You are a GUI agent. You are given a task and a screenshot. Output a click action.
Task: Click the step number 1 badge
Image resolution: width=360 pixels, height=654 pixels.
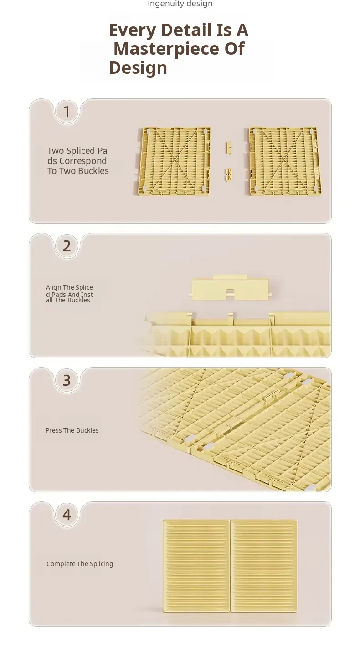(x=67, y=112)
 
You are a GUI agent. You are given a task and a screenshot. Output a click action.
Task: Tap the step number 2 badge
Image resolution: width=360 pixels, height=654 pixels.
(x=67, y=246)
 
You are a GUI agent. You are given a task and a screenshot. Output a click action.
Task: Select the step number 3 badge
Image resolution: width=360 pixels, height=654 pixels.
(x=67, y=380)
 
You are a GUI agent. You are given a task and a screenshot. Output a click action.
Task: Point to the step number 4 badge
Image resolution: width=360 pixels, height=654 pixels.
(x=67, y=515)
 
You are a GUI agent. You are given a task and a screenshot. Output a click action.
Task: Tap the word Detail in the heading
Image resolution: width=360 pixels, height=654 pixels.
(x=186, y=30)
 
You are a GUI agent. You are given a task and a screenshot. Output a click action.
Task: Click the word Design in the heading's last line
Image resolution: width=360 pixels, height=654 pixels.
(x=138, y=68)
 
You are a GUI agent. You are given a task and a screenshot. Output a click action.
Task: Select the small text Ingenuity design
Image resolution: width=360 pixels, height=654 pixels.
(x=180, y=4)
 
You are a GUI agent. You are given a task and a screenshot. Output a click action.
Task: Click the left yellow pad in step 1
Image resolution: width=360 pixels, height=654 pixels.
(x=174, y=161)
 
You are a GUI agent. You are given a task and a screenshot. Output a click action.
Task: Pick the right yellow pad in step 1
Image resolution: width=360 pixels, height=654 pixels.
(x=285, y=161)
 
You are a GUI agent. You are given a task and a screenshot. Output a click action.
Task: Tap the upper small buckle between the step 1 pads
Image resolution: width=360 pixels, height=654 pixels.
(x=229, y=147)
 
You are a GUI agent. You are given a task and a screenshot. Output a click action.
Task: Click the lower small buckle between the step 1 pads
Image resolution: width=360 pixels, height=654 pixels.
(x=229, y=174)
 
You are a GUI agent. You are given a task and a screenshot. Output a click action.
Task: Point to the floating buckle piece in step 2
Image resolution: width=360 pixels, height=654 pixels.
(x=230, y=287)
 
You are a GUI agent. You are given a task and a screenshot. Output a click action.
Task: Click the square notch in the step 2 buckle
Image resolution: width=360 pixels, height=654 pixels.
(x=230, y=292)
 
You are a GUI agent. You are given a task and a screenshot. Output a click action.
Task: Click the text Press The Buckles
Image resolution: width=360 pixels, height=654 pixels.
(x=72, y=430)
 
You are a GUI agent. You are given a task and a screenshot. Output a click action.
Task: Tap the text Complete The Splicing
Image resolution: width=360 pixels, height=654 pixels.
(x=80, y=564)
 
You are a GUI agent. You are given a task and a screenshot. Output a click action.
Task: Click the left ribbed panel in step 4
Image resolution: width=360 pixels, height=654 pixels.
(x=196, y=566)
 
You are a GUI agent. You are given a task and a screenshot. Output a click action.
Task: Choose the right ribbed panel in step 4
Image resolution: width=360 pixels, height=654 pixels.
(x=264, y=566)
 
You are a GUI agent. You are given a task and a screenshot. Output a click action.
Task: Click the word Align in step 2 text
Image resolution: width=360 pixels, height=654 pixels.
(x=53, y=287)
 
